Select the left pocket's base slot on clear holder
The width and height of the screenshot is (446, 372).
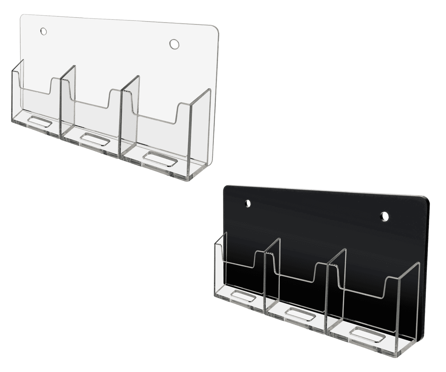[39, 121]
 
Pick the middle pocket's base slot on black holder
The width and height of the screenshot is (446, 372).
[300, 312]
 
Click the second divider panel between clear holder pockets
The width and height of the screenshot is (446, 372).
[130, 115]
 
